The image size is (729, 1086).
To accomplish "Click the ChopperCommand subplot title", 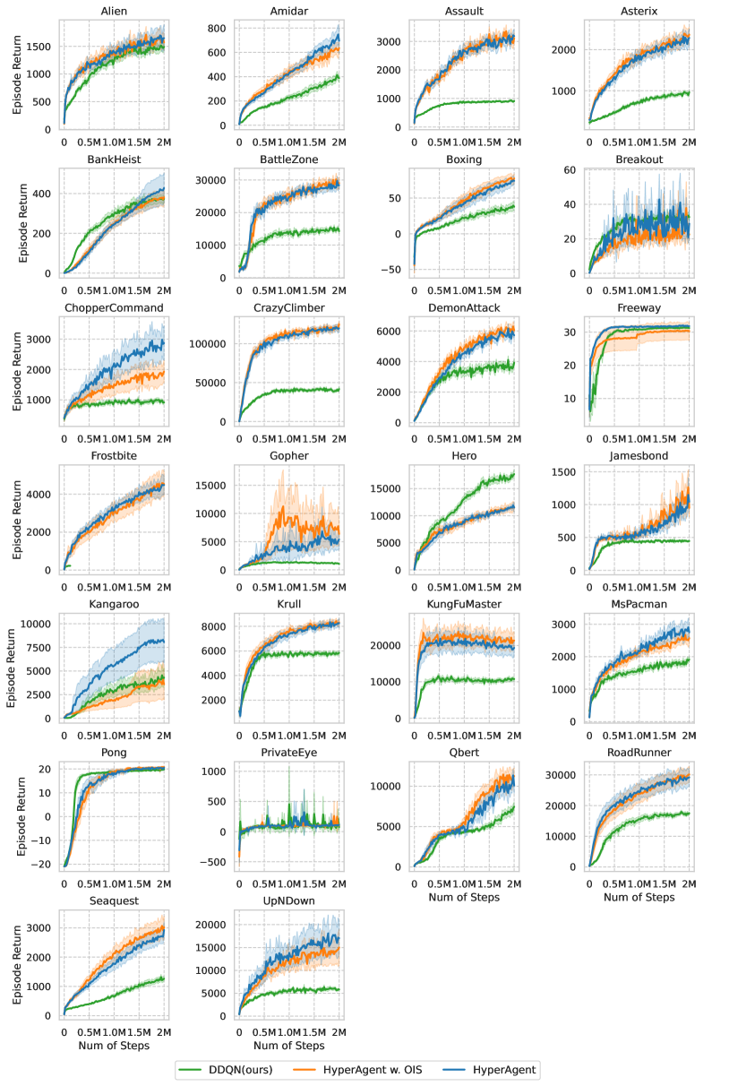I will point(113,308).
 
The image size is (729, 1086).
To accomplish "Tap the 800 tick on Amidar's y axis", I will point(217,27).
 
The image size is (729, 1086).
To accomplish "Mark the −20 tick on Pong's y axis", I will point(44,863).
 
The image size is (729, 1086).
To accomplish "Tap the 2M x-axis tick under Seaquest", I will point(164,1030).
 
